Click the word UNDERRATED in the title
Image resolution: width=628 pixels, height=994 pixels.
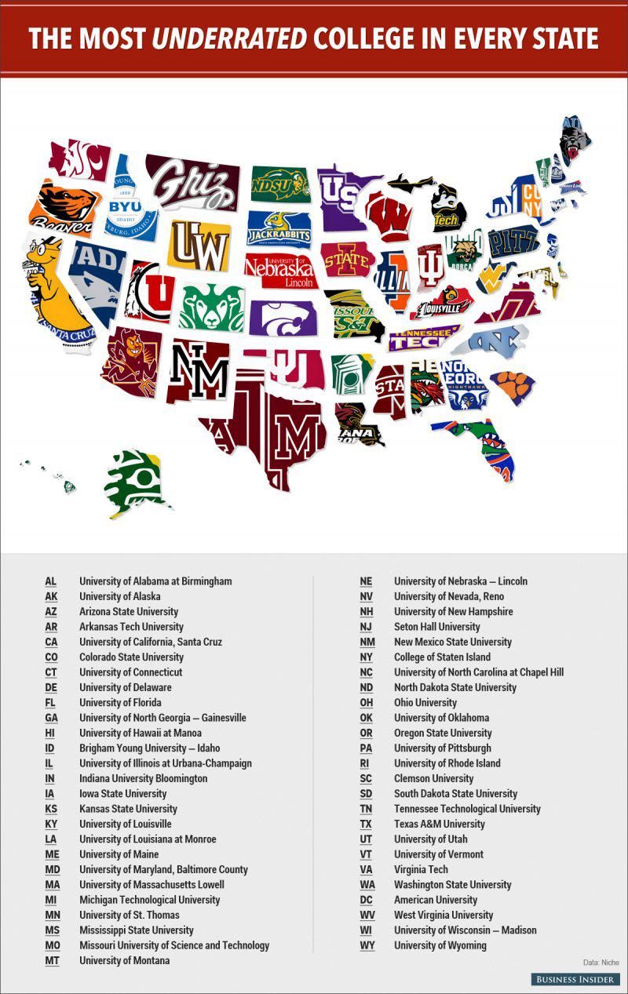tap(228, 38)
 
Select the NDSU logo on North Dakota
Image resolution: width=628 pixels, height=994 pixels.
tap(279, 185)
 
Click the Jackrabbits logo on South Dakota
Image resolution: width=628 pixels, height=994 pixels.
tap(279, 228)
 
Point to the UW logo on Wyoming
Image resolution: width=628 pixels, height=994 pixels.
tap(199, 244)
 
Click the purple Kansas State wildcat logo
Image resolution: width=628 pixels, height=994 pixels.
tap(283, 317)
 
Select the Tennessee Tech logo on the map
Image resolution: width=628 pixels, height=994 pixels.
tap(424, 338)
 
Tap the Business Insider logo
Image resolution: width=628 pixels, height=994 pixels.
tap(575, 979)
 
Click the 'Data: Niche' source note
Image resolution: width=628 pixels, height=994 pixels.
tap(601, 962)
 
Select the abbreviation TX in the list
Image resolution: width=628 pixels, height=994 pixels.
tap(366, 824)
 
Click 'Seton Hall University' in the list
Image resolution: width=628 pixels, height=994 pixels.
tap(436, 627)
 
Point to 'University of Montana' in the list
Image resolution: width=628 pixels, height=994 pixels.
tap(124, 960)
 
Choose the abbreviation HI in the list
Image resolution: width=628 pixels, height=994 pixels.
tap(51, 733)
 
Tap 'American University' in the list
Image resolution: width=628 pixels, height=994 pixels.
tap(435, 900)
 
